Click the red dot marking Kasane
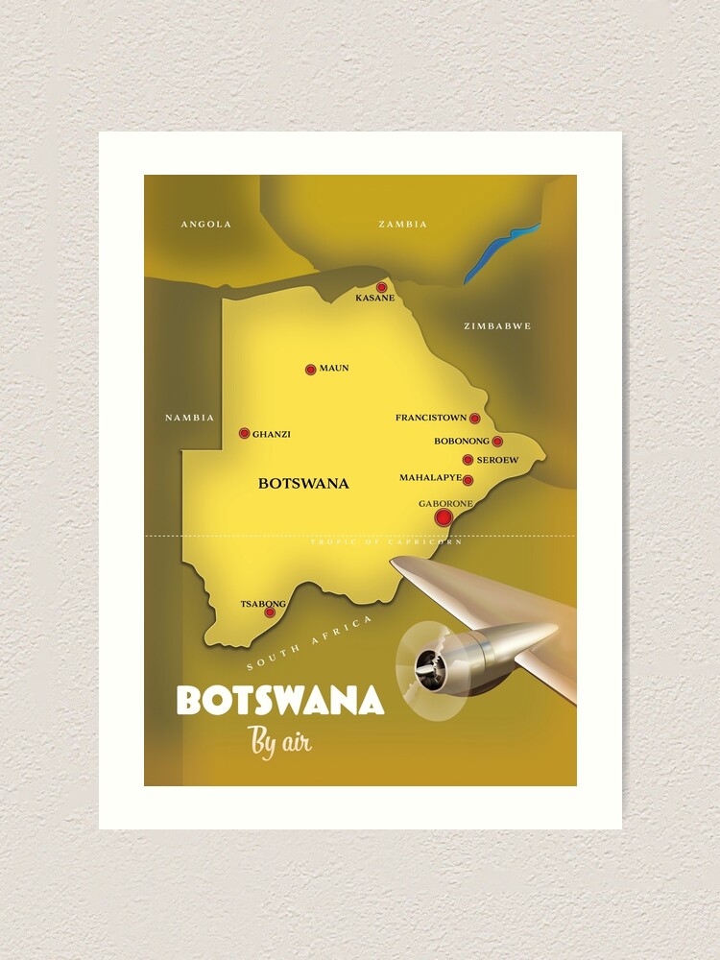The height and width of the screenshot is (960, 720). coord(381,287)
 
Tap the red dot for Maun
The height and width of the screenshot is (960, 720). coord(310,370)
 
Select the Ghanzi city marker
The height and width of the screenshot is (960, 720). coord(244,433)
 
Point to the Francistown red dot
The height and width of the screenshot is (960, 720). coord(474,419)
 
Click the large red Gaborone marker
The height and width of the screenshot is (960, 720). coord(443,517)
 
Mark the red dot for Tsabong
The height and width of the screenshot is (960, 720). coord(270,612)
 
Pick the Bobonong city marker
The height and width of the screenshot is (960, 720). coord(497,442)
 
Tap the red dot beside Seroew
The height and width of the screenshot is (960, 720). coord(468,460)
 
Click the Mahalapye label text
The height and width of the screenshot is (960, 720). coord(430,478)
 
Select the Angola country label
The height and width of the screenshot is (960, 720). coord(206,225)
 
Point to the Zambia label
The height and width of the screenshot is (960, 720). coord(402,225)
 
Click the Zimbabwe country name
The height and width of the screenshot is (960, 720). coord(496,326)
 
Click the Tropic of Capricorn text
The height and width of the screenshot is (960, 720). coord(386,542)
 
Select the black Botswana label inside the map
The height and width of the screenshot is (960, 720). coord(303,484)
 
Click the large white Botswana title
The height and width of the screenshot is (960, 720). coord(279,702)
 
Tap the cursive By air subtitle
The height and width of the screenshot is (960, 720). coord(279,743)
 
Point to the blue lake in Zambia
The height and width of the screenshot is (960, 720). coord(501,252)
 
